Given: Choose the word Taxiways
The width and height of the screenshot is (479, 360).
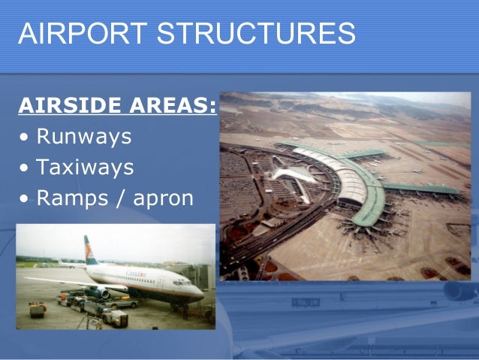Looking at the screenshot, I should point(85,167).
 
